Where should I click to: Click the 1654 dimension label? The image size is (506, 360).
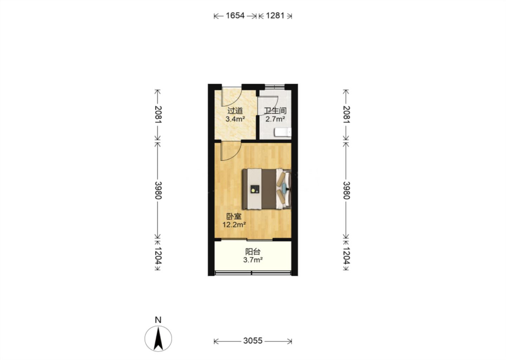235,15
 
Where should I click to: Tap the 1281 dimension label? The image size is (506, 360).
275,15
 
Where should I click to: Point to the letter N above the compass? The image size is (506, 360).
158,320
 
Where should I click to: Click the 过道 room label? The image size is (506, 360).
235,111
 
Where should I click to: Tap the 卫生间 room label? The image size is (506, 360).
275,111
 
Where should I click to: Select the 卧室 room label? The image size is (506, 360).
234,217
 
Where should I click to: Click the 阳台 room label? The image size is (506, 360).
253,252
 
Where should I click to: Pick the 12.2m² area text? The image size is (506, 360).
234,225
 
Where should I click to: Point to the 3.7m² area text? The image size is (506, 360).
253,260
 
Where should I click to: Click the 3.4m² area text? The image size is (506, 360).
235,119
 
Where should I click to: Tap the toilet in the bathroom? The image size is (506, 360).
283,132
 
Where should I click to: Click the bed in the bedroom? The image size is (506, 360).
267,189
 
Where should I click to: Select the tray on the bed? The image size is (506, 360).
255,189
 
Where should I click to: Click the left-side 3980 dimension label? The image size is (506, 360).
158,190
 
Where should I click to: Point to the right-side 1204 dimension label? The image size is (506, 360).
346,256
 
